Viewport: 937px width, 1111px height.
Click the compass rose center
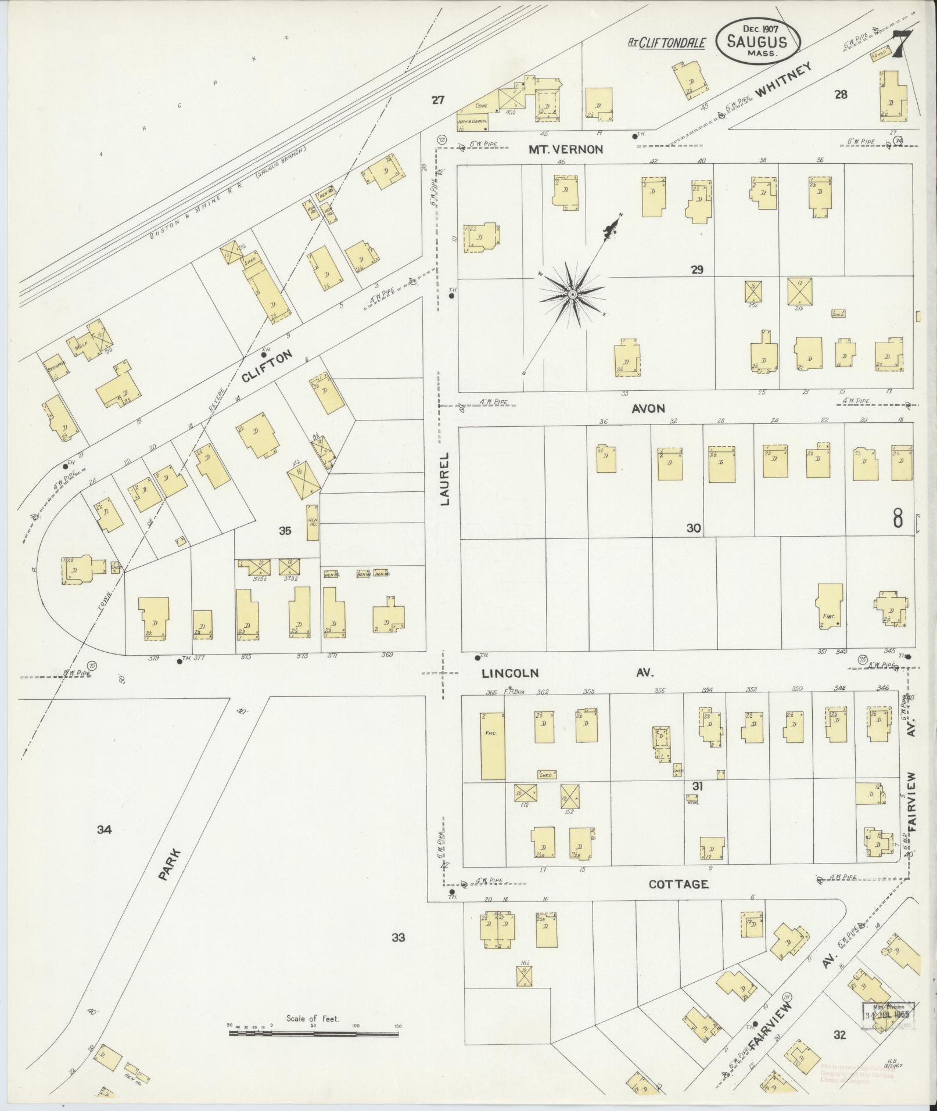572,295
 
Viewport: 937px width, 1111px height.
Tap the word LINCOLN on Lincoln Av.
510,673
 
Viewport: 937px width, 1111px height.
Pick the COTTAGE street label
678,884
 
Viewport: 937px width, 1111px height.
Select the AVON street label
649,408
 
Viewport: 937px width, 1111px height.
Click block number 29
697,269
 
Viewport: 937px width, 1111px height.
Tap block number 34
104,830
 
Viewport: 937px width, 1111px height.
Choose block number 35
285,530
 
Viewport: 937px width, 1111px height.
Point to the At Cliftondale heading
667,42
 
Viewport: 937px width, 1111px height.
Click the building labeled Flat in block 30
830,608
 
